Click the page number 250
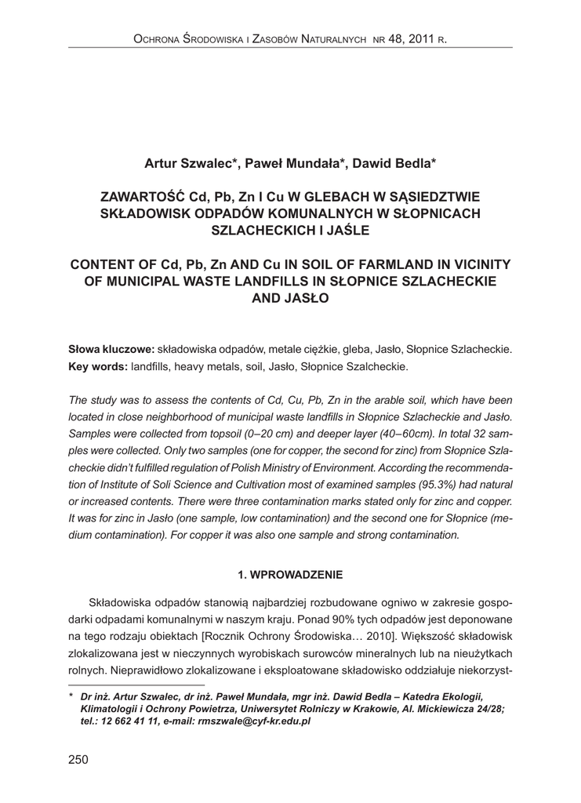(x=79, y=759)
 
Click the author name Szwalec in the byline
(x=203, y=164)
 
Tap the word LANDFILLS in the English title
(x=296, y=281)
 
